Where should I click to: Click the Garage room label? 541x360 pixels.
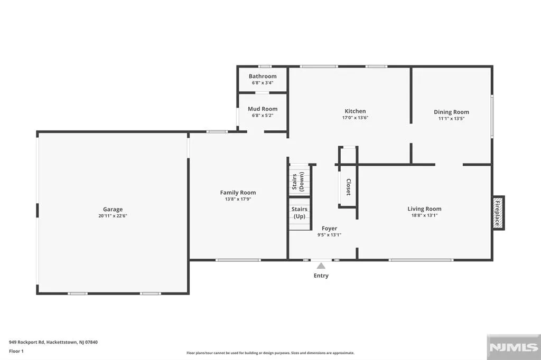pos(113,210)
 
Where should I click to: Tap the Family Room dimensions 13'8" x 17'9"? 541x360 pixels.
pos(238,199)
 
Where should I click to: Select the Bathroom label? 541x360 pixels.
pos(263,76)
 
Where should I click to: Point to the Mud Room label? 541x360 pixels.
pos(263,109)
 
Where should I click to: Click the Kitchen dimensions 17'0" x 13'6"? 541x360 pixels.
pos(356,118)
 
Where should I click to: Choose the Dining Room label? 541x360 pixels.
pos(451,112)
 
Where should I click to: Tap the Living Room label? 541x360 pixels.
pos(424,209)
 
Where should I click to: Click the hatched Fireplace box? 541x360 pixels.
pos(498,213)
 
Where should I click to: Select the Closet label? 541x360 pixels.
pos(349,187)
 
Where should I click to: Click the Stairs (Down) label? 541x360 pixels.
pos(299,182)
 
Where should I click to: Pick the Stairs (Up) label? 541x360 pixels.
pos(299,213)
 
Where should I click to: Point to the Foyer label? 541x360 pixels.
pos(330,228)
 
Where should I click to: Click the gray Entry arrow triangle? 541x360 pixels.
pos(321,266)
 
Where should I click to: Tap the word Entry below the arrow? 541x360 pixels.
pos(321,276)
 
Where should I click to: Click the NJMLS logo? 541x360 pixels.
pos(514,347)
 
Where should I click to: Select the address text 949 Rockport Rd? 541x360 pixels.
pos(27,343)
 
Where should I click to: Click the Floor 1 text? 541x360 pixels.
pos(16,352)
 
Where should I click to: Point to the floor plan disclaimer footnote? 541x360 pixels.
pos(270,353)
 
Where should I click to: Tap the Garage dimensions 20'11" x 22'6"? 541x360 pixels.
pos(113,216)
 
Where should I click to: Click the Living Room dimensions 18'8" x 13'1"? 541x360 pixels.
pos(424,215)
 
